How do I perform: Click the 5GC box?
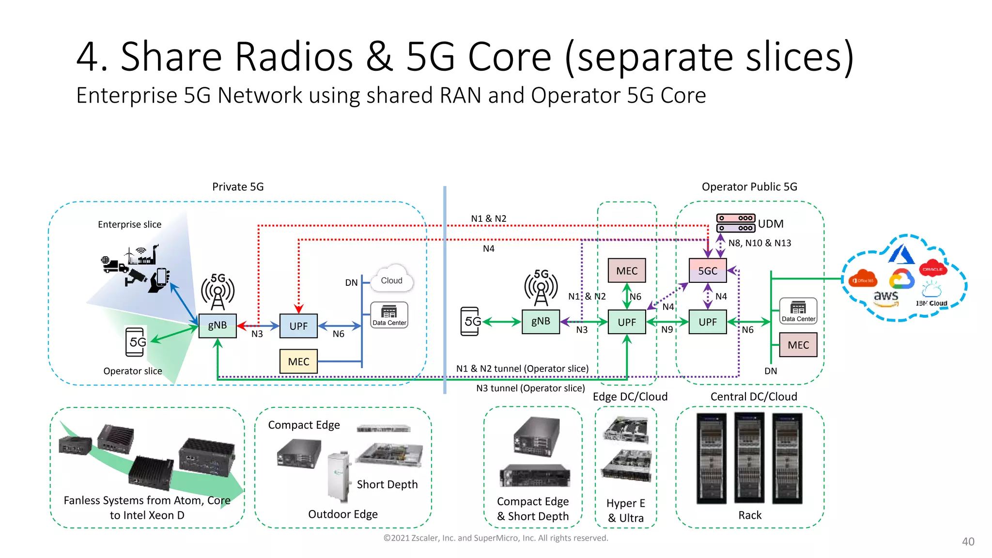tap(708, 270)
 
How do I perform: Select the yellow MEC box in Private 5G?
tap(298, 361)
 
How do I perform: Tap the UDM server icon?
tap(735, 223)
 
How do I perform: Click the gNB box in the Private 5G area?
tap(217, 325)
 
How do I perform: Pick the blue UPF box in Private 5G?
tap(298, 326)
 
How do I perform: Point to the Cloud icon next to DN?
tap(391, 279)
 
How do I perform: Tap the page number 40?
tap(968, 542)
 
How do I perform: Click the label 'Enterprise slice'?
tap(129, 224)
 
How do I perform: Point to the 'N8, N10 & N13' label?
tap(759, 243)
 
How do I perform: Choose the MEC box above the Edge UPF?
tap(627, 270)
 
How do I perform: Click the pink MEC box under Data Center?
tap(798, 345)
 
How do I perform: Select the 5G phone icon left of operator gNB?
tap(470, 321)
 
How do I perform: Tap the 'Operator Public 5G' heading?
tap(749, 187)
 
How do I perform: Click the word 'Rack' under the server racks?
tap(749, 515)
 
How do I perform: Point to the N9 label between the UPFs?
tap(667, 329)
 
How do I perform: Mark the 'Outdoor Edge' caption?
tap(342, 514)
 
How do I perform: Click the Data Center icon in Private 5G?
tap(389, 315)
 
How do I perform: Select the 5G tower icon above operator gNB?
tap(541, 288)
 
